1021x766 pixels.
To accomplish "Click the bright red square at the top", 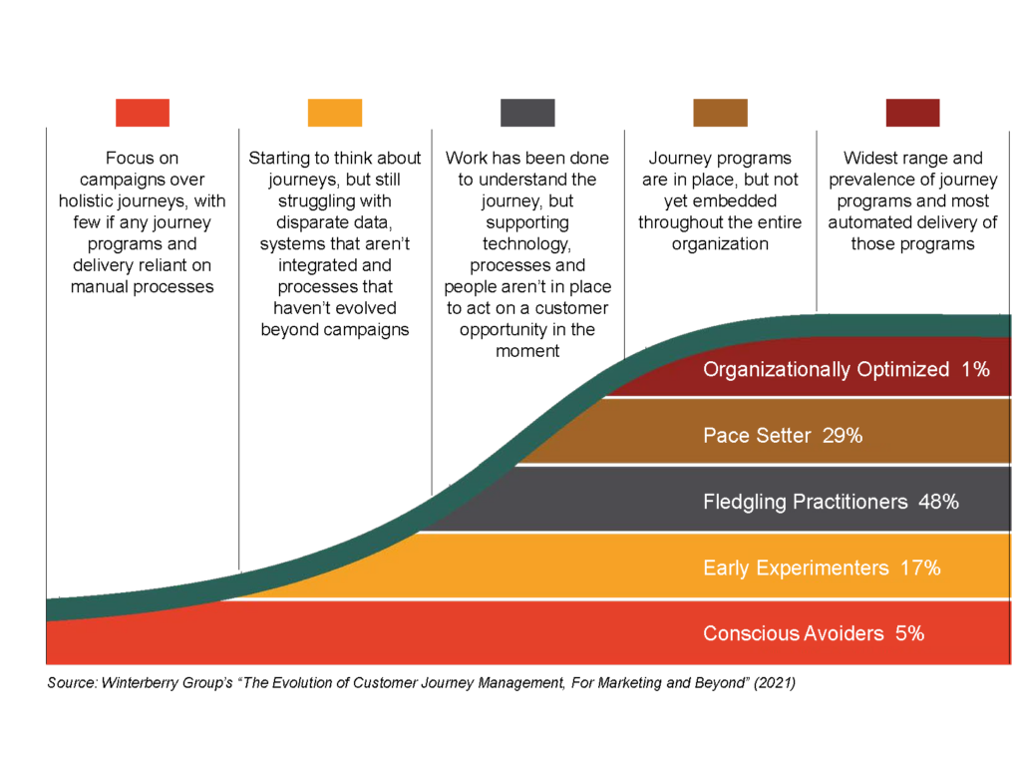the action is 142,113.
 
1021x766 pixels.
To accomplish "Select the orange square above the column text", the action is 335,113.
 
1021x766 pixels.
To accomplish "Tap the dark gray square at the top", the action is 527,113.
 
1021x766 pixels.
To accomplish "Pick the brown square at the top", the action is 720,113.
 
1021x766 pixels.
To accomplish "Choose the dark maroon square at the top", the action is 913,113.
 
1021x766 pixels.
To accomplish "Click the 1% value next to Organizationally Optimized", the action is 975,369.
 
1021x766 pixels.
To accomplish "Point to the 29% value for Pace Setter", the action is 842,435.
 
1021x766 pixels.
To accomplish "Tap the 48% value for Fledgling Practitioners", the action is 938,502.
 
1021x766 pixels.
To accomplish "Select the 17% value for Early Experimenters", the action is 920,568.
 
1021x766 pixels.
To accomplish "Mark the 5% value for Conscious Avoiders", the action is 909,633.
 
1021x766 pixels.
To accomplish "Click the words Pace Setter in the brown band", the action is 758,435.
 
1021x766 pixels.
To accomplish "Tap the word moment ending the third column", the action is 527,352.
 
